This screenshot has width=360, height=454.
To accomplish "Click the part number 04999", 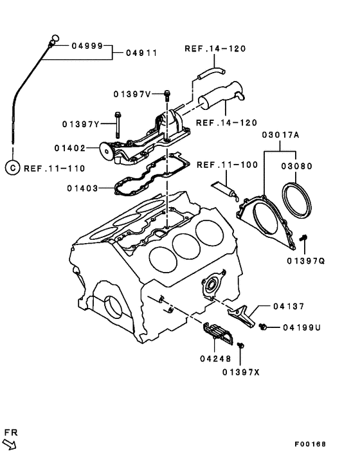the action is point(87,46).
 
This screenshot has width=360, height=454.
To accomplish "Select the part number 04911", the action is point(141,53).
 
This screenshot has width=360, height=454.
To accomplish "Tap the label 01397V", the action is point(132,94).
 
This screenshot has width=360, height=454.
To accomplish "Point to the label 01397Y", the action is point(81,124).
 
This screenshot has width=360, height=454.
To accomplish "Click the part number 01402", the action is point(70,149).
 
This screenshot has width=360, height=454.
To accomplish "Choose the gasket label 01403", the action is point(82,188).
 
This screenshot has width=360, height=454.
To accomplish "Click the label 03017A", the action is point(281,135).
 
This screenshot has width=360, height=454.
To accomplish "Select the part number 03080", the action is point(297,166).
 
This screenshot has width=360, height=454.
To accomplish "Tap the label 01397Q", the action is point(306,261).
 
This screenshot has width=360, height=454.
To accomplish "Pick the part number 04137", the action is point(289,306).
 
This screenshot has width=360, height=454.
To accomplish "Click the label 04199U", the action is point(302,328).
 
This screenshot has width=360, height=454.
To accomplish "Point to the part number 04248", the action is point(215,359).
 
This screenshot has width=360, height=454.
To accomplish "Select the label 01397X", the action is point(241,372).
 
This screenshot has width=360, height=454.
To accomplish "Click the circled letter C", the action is point(12,168).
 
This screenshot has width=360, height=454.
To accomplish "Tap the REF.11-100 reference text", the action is point(227,165).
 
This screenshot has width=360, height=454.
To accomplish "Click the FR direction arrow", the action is point(9,444).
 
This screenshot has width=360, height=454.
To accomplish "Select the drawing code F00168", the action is point(310,444).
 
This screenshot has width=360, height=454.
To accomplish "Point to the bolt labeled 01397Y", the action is point(117,125).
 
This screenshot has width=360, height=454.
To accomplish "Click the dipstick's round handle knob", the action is point(55,38).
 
